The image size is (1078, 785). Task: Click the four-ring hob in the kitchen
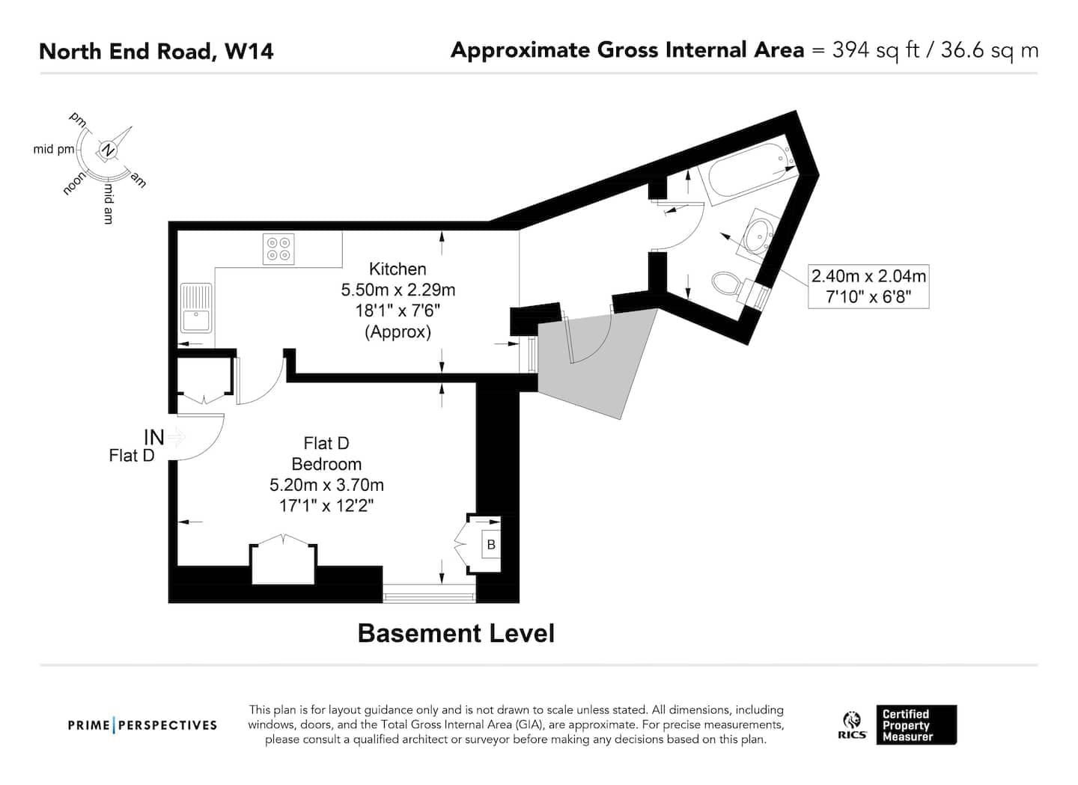click(x=278, y=248)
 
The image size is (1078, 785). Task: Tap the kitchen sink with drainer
click(x=196, y=308)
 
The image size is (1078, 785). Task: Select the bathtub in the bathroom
click(x=747, y=171)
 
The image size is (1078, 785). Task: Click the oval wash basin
click(x=757, y=236)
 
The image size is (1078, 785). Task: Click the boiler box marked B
click(x=491, y=545)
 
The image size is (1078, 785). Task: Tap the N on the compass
click(x=109, y=150)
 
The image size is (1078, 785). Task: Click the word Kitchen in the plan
click(x=398, y=269)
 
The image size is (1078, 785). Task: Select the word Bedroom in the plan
click(x=326, y=464)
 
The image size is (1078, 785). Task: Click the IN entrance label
click(x=154, y=437)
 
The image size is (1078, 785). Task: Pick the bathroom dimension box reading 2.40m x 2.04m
click(x=868, y=286)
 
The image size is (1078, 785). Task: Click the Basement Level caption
click(x=456, y=633)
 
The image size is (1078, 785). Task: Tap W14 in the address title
click(x=249, y=52)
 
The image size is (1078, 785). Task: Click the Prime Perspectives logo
click(x=142, y=725)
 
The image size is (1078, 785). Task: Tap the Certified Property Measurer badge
click(x=916, y=725)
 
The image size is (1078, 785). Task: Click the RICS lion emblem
click(x=852, y=721)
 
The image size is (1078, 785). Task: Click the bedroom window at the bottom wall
click(x=429, y=593)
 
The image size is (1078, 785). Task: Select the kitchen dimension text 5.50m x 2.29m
click(x=398, y=290)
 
